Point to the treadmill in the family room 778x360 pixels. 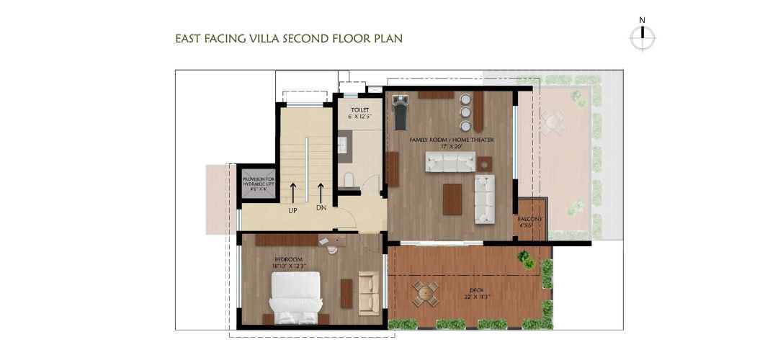pyautogui.click(x=401, y=113)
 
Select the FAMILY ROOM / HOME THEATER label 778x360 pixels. pyautogui.click(x=451, y=139)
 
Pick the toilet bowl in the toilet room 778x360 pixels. pyautogui.click(x=348, y=179)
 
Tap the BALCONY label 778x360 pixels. pyautogui.click(x=529, y=219)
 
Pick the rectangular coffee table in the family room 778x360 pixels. pyautogui.click(x=452, y=199)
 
